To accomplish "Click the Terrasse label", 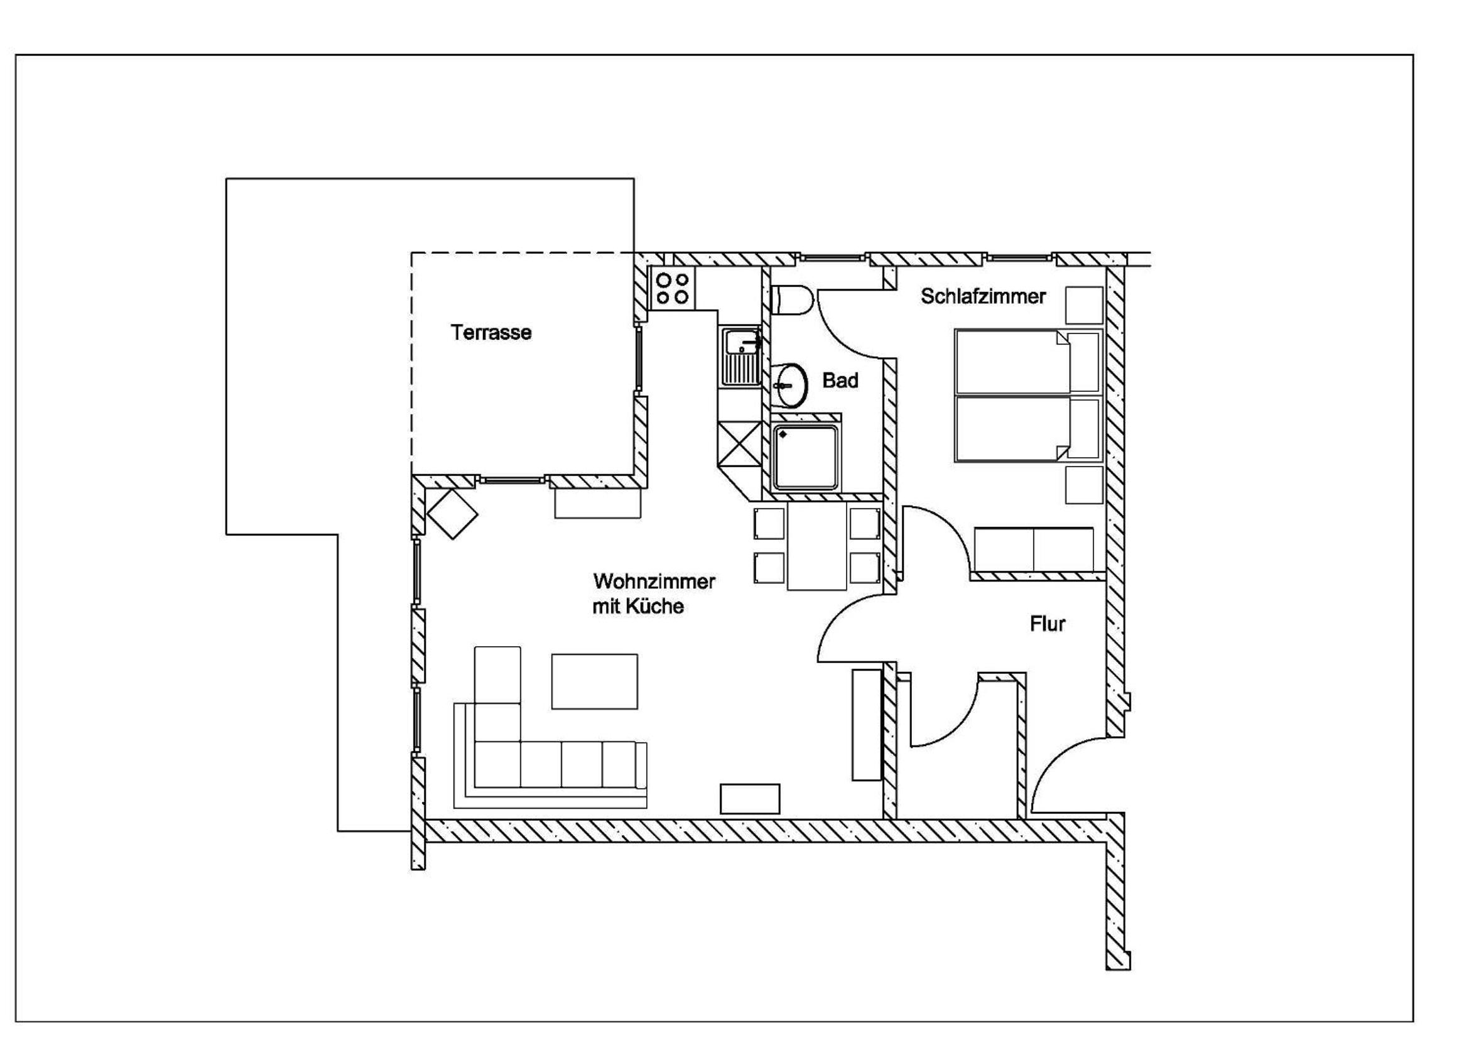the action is [491, 333].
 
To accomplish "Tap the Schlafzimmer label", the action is [983, 296].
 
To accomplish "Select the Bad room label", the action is [840, 381].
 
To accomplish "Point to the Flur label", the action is [1048, 624].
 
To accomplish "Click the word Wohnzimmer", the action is [654, 581].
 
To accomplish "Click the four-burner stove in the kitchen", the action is [673, 288].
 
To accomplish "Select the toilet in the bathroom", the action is [792, 300].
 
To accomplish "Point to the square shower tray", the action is [805, 456].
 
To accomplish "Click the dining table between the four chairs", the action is [817, 546].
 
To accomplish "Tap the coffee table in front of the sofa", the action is [594, 681].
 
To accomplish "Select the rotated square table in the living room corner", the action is [453, 514].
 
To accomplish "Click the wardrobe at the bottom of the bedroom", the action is [1033, 549].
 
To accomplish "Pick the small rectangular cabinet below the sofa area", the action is [750, 799].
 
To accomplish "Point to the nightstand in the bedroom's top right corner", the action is [1084, 305].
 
